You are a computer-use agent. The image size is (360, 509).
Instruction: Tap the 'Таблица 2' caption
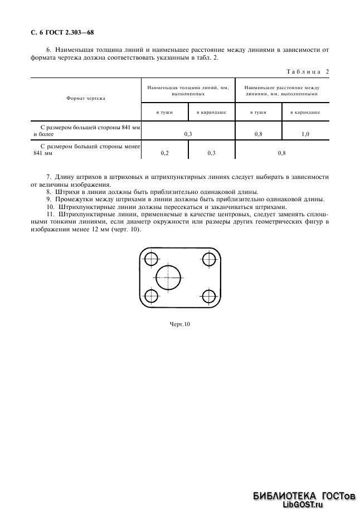(308, 71)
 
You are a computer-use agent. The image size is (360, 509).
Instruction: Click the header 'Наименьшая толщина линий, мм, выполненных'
(188, 91)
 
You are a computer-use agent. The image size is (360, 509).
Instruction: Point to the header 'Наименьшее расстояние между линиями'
(281, 91)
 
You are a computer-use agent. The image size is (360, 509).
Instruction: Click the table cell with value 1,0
(305, 134)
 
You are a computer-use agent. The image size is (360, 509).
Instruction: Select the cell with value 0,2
(165, 152)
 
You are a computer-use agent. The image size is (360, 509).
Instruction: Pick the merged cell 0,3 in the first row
(188, 134)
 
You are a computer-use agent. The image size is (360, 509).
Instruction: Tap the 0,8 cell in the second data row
(281, 152)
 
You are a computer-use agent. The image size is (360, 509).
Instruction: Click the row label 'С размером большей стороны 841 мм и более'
(85, 131)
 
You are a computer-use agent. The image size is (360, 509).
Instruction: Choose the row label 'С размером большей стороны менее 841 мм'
(85, 149)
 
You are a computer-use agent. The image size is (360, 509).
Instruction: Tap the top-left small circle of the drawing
(150, 259)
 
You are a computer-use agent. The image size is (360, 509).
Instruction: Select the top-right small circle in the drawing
(210, 259)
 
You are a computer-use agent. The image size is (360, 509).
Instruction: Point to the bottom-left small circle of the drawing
(150, 295)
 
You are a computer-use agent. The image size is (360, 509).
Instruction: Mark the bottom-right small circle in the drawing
(210, 295)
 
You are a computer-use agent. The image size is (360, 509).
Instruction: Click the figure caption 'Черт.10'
(179, 324)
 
